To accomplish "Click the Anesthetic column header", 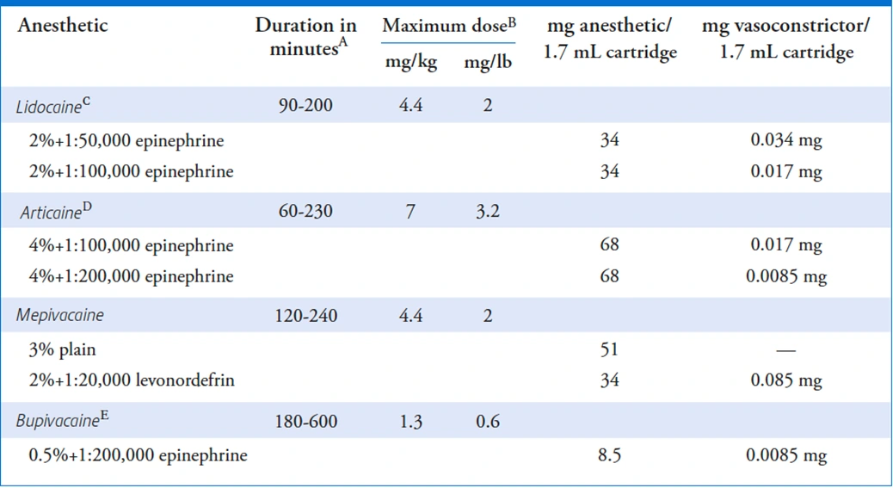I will click(63, 25).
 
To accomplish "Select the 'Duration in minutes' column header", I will click(305, 37).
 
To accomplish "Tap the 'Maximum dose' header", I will click(448, 25).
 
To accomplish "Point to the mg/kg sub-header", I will click(410, 63).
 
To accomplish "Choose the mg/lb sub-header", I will click(488, 63).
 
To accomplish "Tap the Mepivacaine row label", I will click(60, 316).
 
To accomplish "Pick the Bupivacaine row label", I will click(61, 422).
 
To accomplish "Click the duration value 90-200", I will click(305, 107).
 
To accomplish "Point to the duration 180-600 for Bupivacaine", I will click(308, 422).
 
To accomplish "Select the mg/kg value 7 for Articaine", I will click(410, 212).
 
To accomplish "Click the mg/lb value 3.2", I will click(488, 212).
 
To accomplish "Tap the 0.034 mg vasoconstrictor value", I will click(785, 139).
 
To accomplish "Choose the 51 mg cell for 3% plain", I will click(609, 349).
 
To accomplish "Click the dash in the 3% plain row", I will click(785, 350).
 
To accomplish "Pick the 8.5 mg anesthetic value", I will click(609, 454).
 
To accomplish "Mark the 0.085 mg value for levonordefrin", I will click(785, 380).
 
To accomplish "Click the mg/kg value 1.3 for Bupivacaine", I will click(410, 422).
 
